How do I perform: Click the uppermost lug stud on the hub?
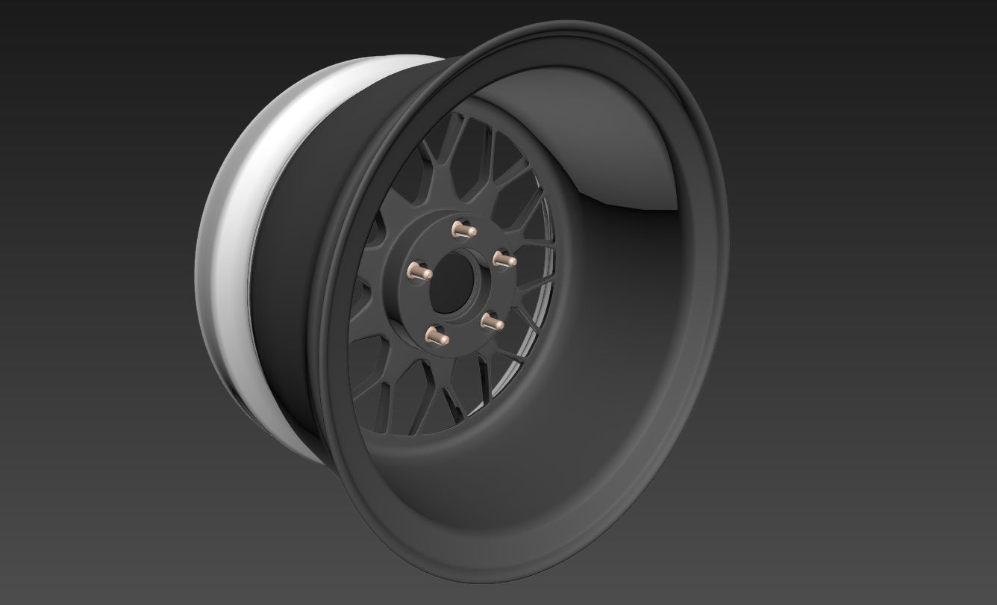[x=459, y=229]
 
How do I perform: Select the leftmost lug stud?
[x=419, y=272]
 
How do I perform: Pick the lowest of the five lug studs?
[x=436, y=335]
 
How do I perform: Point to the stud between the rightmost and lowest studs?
[x=490, y=322]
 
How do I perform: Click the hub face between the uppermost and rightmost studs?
[x=485, y=238]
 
